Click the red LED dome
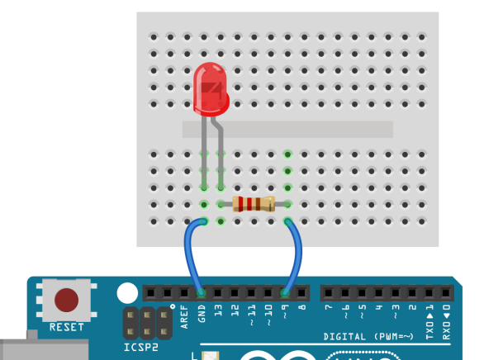211,89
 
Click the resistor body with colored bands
254,204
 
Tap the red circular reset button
66,300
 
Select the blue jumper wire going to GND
192,253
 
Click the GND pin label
202,314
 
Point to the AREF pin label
184,317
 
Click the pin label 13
218,310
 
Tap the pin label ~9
285,311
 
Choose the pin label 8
302,307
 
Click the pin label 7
329,307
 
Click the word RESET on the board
67,327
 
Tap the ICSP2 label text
141,348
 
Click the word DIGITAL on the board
344,337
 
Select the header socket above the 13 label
218,292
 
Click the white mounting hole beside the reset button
127,293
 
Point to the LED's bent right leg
219,153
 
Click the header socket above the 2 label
412,292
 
